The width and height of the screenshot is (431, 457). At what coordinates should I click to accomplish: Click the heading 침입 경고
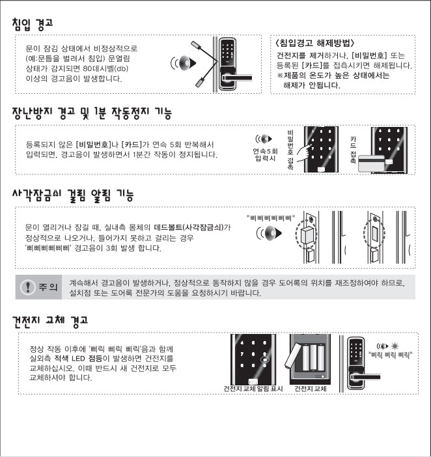(33, 24)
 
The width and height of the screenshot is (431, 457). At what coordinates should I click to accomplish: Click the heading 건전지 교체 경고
(50, 322)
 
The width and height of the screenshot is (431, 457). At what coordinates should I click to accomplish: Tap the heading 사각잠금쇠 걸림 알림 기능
(73, 195)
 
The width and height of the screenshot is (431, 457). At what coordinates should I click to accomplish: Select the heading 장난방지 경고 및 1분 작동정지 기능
(92, 113)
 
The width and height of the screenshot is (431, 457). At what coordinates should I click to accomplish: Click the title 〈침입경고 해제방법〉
(314, 43)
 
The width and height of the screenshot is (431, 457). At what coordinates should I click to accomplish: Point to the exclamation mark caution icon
(28, 287)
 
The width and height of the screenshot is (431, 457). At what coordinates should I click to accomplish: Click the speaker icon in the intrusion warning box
(184, 63)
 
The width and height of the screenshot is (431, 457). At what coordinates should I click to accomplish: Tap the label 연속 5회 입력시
(265, 155)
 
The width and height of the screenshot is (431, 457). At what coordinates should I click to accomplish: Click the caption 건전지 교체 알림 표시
(253, 389)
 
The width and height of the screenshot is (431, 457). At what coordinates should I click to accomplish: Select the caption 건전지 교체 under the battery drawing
(311, 389)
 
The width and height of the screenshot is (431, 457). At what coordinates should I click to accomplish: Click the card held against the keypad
(371, 164)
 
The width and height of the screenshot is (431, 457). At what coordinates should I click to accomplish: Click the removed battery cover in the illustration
(292, 355)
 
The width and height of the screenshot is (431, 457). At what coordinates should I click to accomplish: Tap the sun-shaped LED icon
(395, 346)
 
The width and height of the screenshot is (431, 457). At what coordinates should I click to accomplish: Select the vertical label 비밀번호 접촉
(290, 150)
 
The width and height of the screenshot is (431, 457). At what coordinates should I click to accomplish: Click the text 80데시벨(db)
(105, 69)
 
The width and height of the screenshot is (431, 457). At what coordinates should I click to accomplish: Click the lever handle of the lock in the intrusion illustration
(237, 78)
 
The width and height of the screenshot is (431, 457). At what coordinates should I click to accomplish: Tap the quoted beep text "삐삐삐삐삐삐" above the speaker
(271, 218)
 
